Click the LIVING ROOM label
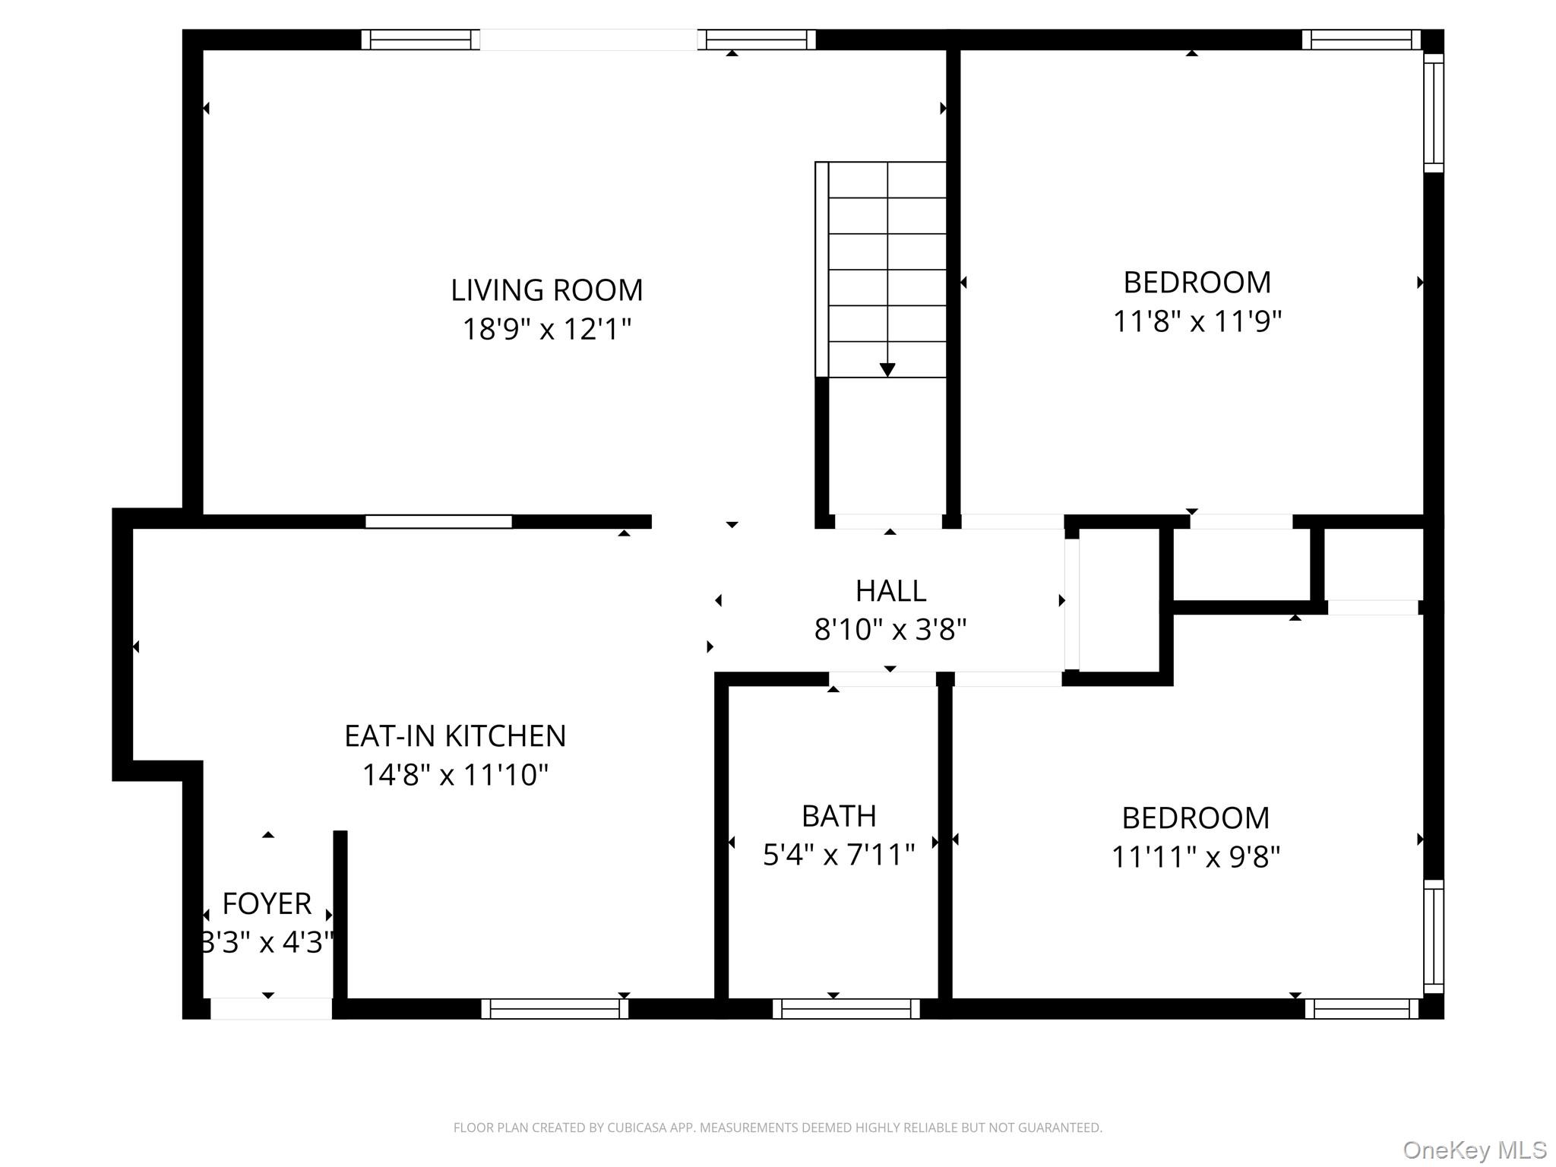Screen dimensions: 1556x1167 tap(547, 290)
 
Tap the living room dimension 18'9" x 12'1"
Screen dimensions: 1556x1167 tap(547, 329)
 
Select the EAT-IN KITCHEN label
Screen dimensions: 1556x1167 tap(455, 735)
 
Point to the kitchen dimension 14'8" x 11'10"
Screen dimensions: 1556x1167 tap(455, 775)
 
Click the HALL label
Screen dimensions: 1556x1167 tap(890, 590)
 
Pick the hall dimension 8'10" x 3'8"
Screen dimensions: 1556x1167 tap(890, 629)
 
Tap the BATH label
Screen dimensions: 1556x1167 tap(839, 816)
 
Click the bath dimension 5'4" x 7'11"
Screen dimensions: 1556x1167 tap(839, 855)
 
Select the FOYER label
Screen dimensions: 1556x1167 tap(267, 903)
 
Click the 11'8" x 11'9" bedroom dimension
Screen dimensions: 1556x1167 tap(1197, 321)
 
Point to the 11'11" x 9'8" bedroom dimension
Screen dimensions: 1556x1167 tap(1196, 857)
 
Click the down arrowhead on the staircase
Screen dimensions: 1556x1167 tap(887, 370)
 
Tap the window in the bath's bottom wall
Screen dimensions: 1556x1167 tap(846, 1009)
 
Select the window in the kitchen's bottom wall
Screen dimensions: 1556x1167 tap(555, 1009)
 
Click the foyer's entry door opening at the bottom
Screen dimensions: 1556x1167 tap(271, 1009)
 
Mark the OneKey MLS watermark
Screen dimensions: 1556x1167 tap(1475, 1150)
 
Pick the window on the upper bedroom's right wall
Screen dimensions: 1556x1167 tap(1433, 113)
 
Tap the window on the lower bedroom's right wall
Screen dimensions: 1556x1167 tap(1433, 936)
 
